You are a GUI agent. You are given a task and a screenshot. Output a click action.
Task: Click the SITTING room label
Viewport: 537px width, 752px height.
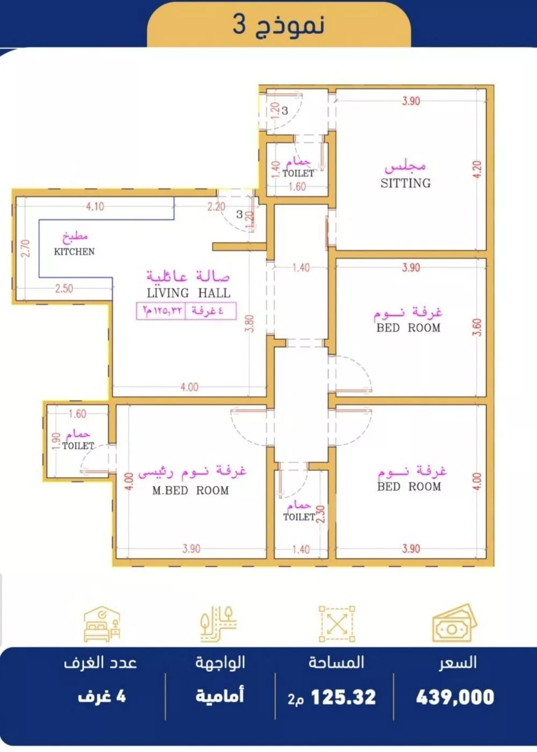click(x=405, y=183)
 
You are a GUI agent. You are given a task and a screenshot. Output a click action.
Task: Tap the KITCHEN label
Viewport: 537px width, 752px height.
click(x=74, y=251)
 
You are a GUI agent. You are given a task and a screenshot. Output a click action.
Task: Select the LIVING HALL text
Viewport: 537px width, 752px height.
click(x=188, y=293)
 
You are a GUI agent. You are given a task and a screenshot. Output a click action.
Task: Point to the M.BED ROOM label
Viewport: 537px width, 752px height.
click(x=191, y=491)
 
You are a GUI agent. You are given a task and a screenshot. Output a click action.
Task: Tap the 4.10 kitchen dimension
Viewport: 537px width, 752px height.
click(x=95, y=206)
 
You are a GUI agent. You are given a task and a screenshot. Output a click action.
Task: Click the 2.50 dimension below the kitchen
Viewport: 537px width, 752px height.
click(x=64, y=288)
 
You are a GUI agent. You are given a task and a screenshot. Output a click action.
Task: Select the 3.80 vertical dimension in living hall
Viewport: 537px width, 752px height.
click(x=250, y=323)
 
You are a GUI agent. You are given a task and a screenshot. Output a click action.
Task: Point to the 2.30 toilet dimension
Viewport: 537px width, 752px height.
click(x=321, y=514)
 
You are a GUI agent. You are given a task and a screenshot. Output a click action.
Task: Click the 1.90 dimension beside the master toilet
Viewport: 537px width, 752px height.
click(x=56, y=441)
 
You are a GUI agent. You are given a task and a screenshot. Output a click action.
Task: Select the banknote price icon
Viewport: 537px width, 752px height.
click(x=454, y=624)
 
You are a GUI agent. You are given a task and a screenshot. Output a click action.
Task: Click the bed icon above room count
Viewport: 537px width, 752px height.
click(x=101, y=624)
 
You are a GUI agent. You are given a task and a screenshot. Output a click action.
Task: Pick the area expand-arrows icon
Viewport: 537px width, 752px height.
click(x=337, y=624)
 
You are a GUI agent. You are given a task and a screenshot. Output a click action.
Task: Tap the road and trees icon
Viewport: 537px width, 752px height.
click(x=219, y=624)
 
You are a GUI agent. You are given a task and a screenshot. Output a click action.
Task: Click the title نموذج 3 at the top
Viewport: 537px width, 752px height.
click(x=279, y=25)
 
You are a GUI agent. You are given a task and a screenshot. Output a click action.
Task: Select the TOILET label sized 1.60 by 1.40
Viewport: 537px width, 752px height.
click(x=298, y=173)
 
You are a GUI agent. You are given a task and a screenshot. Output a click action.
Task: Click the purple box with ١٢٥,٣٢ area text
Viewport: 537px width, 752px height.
click(x=186, y=311)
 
